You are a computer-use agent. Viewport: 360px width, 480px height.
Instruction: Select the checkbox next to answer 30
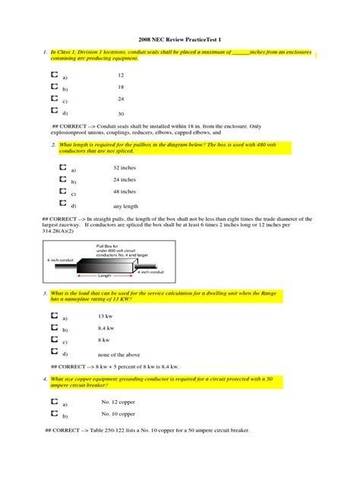(x=54, y=112)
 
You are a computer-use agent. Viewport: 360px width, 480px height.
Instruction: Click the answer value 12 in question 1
(x=121, y=75)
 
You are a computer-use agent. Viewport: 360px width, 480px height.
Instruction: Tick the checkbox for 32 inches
(x=62, y=166)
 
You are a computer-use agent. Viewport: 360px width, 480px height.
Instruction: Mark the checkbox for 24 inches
(x=62, y=179)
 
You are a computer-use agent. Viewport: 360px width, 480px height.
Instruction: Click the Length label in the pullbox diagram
(x=105, y=276)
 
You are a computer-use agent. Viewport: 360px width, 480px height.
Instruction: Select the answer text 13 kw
(x=107, y=315)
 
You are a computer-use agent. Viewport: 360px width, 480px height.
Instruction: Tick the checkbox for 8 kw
(x=54, y=339)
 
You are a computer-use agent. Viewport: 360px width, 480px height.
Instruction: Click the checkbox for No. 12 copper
(x=54, y=403)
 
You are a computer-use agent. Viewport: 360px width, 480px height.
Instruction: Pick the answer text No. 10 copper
(x=118, y=415)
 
